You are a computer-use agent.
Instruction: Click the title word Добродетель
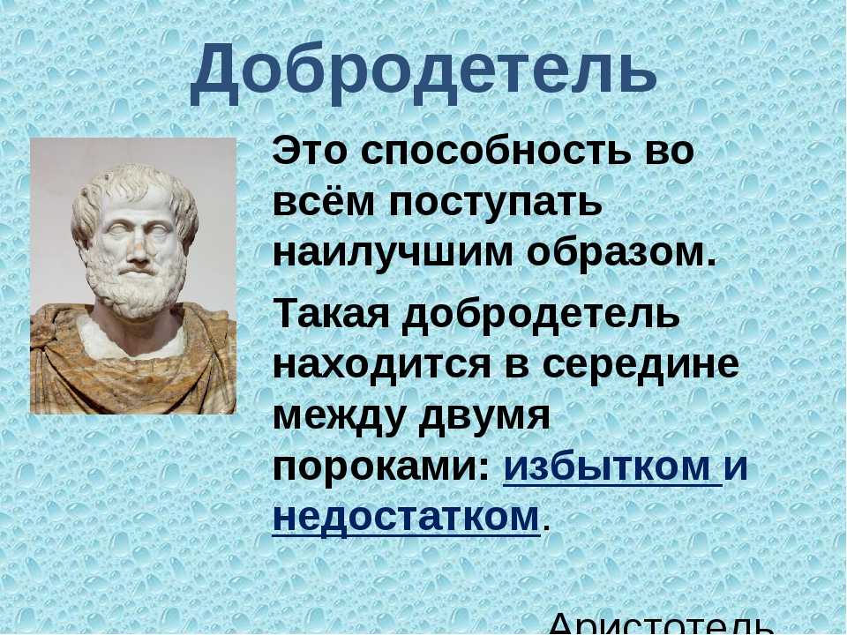point(423,74)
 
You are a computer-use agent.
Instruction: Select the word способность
point(497,150)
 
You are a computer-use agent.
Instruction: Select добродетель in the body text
point(541,314)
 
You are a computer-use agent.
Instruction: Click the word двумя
point(484,416)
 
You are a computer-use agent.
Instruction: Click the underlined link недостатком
point(406,518)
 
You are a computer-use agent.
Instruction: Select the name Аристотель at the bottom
point(659,624)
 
